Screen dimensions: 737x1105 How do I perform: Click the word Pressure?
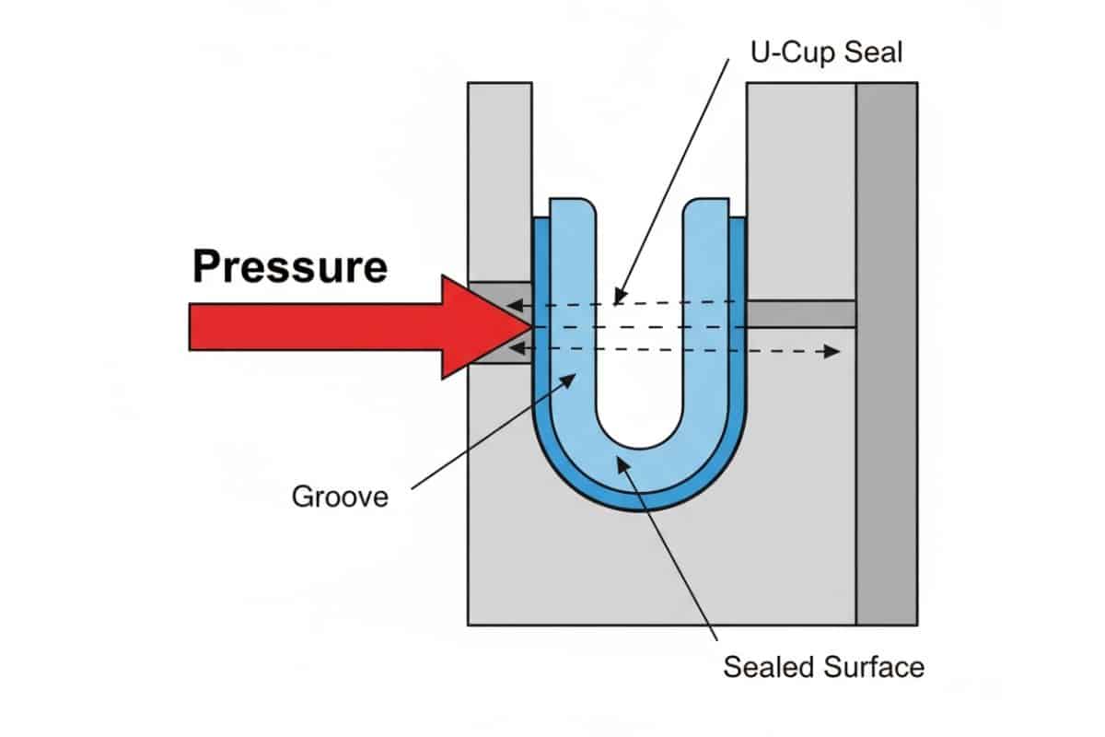tap(289, 266)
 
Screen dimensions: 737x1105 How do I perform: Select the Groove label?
tap(340, 497)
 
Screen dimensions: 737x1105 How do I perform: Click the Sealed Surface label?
tap(823, 666)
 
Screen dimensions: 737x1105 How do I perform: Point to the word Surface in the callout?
tap(874, 666)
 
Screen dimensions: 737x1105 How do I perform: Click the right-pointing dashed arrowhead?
tap(833, 351)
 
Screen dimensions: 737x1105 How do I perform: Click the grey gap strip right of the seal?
tap(801, 313)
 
